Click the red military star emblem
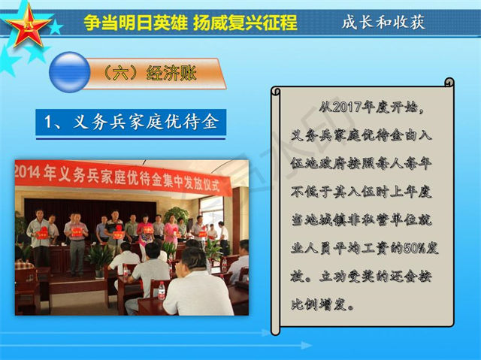pyautogui.click(x=29, y=26)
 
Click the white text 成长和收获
pyautogui.click(x=383, y=22)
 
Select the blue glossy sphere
pyautogui.click(x=70, y=72)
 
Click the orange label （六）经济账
pyautogui.click(x=150, y=74)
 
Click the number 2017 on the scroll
pyautogui.click(x=346, y=107)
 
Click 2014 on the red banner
pyautogui.click(x=28, y=172)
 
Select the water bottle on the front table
pyautogui.click(x=162, y=291)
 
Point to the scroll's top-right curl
pyautogui.click(x=449, y=82)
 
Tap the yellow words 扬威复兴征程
pyautogui.click(x=246, y=23)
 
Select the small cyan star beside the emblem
pyautogui.click(x=56, y=28)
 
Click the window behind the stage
pyautogui.click(x=212, y=212)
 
